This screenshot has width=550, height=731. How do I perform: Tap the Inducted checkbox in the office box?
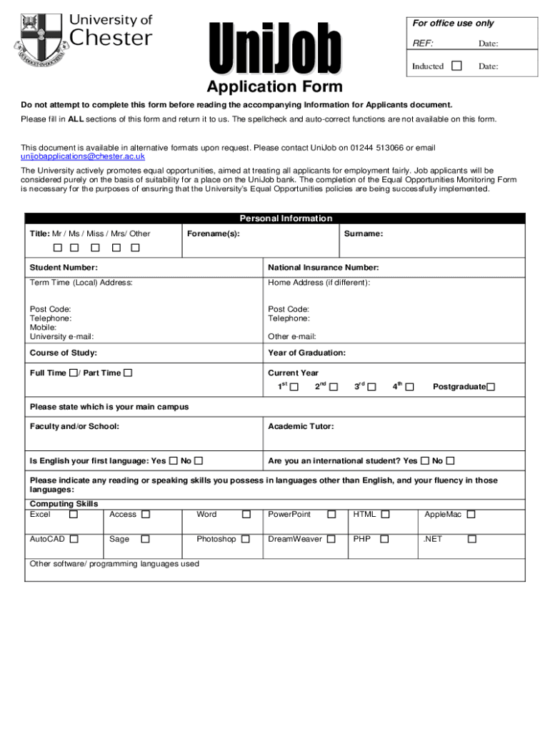(x=456, y=66)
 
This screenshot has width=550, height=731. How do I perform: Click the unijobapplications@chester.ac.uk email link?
(x=83, y=156)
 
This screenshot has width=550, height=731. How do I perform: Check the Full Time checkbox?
(x=73, y=373)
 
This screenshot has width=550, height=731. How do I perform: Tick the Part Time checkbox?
(x=128, y=373)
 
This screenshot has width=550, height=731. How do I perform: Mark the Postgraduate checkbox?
(x=491, y=387)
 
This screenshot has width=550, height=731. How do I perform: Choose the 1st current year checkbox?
(x=294, y=387)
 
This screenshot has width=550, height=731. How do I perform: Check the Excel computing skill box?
(x=74, y=514)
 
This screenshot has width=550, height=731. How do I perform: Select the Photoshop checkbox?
(x=246, y=539)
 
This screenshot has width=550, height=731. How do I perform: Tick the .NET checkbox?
(x=471, y=539)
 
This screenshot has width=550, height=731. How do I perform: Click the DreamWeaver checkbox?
(x=331, y=539)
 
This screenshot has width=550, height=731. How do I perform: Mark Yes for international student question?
(x=425, y=460)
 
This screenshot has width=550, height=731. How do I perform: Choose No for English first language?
(x=199, y=460)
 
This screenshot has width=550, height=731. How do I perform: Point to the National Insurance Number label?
(x=323, y=268)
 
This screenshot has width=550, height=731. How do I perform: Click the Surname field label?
(x=363, y=233)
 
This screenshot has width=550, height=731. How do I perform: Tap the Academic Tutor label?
(x=301, y=426)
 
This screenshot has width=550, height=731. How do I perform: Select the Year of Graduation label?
(x=306, y=353)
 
